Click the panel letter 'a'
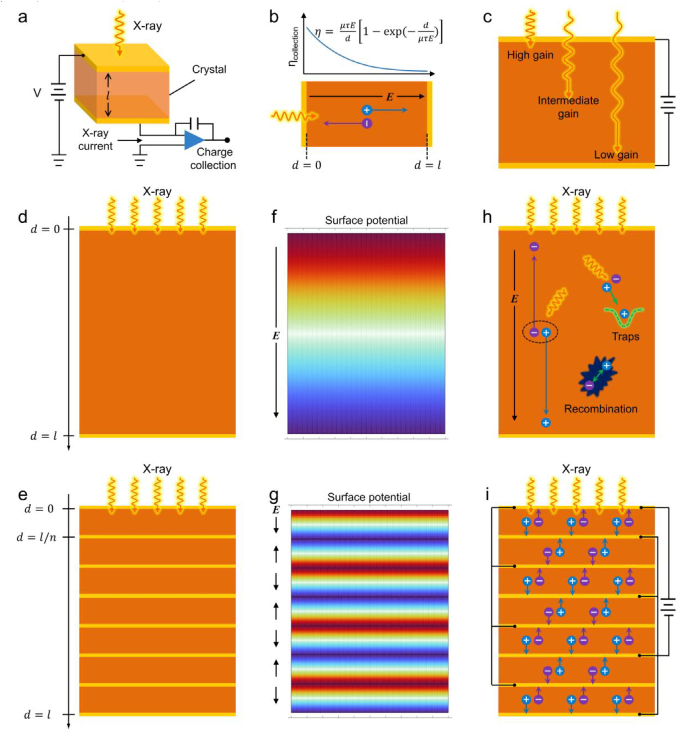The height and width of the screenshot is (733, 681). pos(23,17)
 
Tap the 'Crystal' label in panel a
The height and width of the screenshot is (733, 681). pos(209,69)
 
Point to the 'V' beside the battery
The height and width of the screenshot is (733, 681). pos(37,93)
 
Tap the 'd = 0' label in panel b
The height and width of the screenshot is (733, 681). pos(306,165)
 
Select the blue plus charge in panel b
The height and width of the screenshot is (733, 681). pos(366,110)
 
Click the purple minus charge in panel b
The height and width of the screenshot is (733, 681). pos(367,123)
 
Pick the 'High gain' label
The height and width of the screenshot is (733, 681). pos(530,55)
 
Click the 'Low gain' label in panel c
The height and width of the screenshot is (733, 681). pos(616,155)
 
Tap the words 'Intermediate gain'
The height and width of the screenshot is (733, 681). pos(568,107)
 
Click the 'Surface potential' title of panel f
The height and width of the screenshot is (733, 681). pos(366,220)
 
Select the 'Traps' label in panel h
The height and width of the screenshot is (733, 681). pos(625,336)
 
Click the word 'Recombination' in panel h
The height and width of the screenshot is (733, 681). pos(601,409)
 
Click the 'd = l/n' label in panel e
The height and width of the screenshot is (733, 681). pos(37,538)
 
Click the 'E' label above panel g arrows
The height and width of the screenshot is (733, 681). pos(276,510)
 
